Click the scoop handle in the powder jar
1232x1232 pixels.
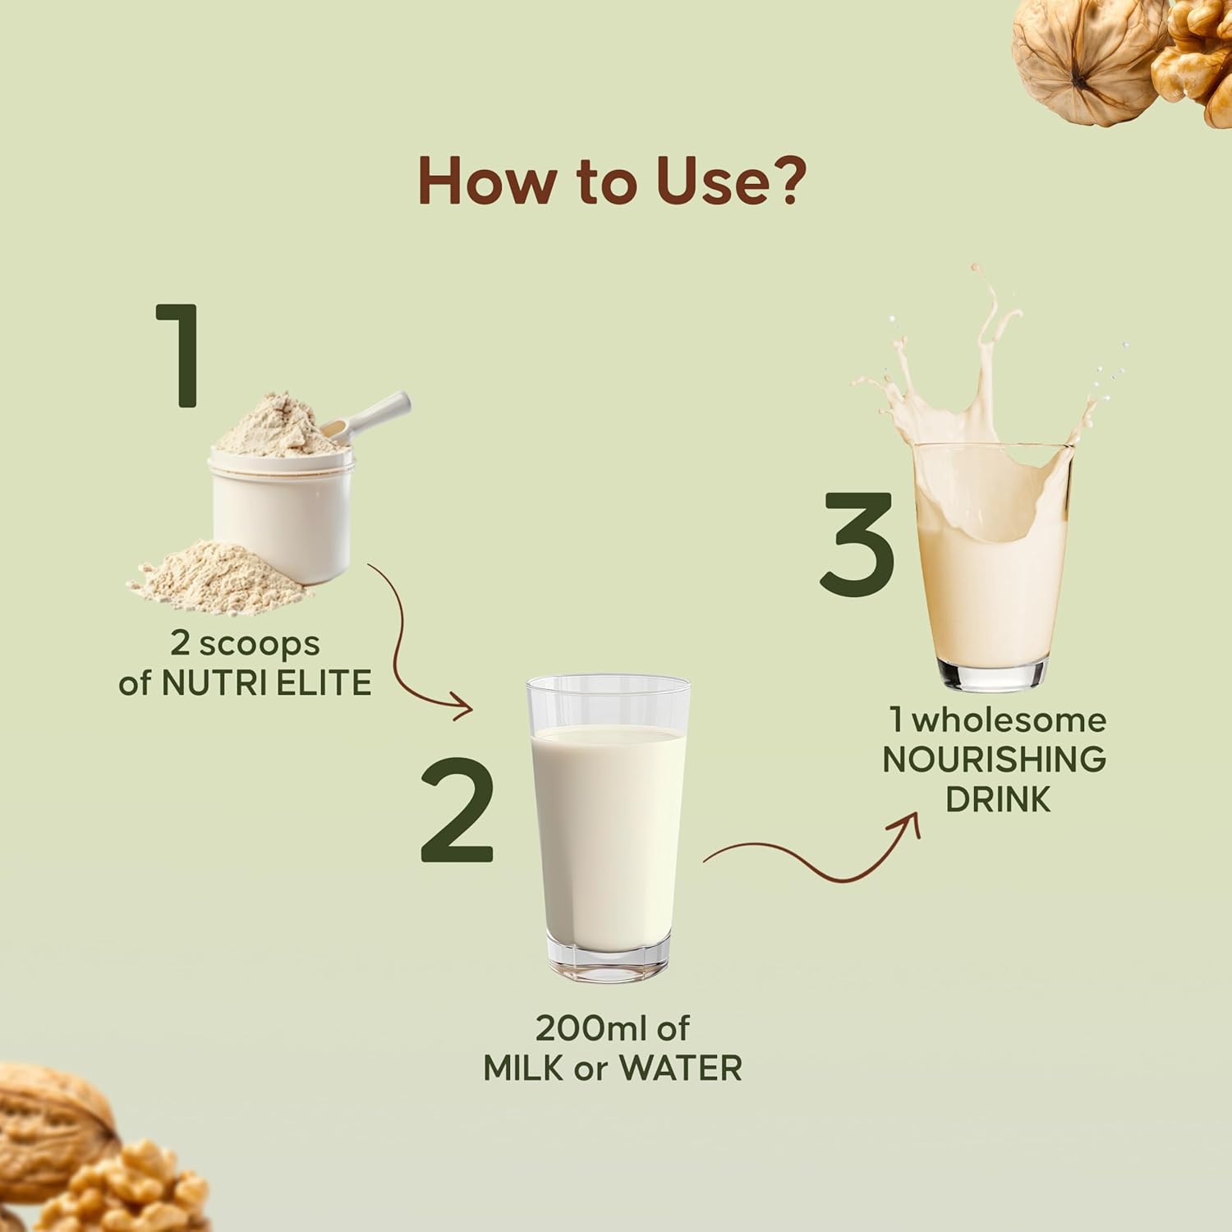point(369,414)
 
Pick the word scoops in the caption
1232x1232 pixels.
point(259,645)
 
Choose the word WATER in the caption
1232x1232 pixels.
point(680,1069)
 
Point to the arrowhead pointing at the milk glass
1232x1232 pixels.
point(462,707)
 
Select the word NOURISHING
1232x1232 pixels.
point(994,760)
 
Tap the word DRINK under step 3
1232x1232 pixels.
point(998,799)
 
